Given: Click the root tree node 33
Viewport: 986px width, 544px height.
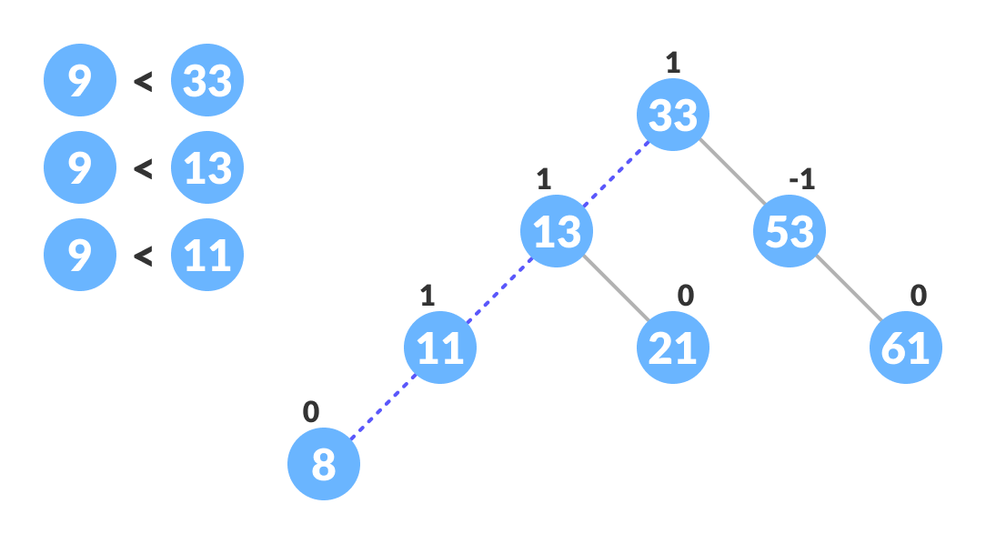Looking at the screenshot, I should point(673,115).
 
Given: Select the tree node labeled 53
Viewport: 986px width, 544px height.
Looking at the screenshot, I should point(790,231).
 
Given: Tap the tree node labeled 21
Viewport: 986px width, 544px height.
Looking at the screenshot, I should point(673,348).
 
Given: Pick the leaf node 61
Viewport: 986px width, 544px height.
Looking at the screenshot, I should point(906,348).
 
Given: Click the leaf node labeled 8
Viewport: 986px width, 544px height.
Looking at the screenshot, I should point(324,464).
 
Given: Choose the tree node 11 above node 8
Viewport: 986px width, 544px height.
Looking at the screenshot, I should point(440,348).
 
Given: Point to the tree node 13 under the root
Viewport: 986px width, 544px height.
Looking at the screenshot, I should point(557,231).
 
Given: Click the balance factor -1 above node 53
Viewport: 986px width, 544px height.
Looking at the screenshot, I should point(801,179).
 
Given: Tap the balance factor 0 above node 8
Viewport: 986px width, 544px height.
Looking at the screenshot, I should point(311,412).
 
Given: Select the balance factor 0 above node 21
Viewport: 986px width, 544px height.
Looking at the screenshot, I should point(686,296).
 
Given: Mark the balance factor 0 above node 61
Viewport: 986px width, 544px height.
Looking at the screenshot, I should point(919,296).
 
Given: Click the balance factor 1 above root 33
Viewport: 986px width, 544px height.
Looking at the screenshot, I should point(673,63).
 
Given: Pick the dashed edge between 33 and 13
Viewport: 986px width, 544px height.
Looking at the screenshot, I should point(615,173).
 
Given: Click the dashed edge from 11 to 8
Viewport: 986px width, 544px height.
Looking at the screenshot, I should point(382,406).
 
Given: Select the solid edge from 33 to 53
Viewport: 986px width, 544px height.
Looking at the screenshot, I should point(731,173).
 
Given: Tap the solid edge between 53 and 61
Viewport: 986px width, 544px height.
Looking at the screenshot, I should point(848,289).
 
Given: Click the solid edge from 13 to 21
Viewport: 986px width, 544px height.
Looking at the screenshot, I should point(615,289).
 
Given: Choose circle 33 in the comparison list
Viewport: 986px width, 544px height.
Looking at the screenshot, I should point(207,80).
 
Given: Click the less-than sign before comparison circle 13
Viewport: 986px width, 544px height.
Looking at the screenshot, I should point(143,168).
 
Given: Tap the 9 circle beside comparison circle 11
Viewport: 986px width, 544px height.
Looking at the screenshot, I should point(80,255).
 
